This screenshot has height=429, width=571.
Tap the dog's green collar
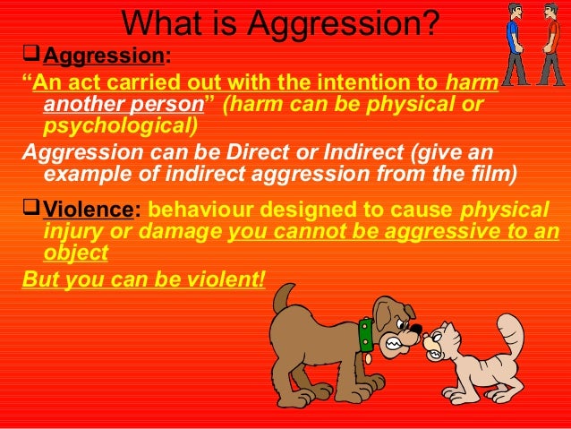[365, 333]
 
